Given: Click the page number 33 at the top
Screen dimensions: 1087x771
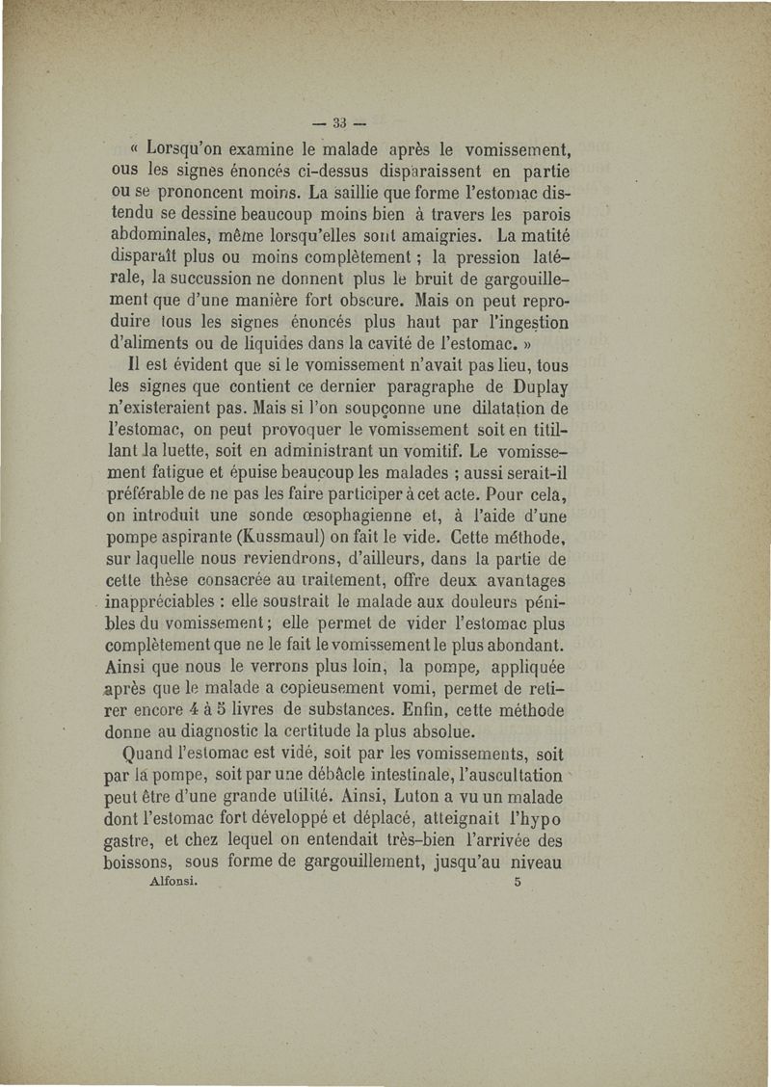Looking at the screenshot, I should (x=338, y=122).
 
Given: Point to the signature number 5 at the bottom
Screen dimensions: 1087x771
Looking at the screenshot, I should (x=518, y=882).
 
